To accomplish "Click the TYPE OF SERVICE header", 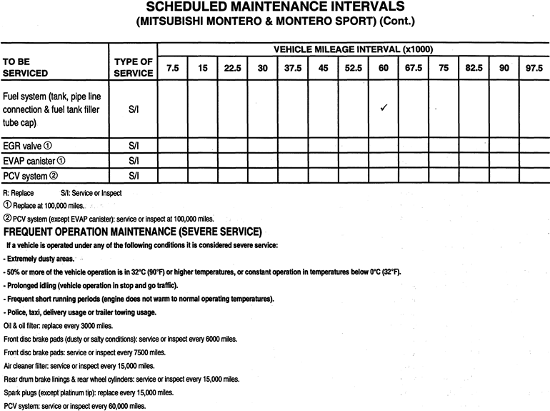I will click(x=133, y=67).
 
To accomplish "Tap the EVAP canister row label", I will click(x=35, y=160).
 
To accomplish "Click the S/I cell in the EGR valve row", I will click(x=133, y=145).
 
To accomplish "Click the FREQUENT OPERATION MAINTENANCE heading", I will click(x=133, y=232).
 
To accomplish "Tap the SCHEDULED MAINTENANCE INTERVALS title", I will click(x=274, y=8).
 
